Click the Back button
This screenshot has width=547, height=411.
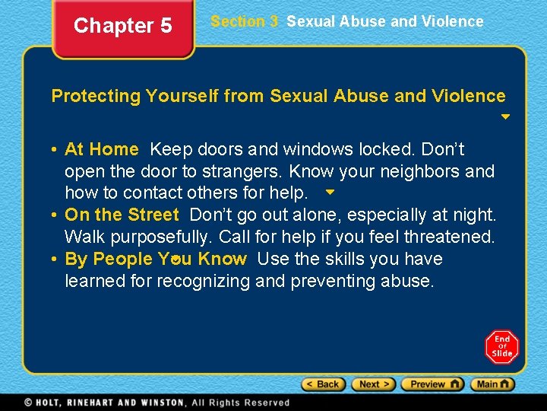pos(323,384)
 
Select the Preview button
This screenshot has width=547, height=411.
pos(432,384)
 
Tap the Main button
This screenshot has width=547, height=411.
pos(492,384)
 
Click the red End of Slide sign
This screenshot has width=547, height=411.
pos(501,347)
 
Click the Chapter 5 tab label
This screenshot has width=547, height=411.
pos(122,26)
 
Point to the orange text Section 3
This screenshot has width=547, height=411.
pos(244,21)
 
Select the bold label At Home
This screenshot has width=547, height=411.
pos(101,149)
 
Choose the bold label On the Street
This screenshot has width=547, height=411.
pos(122,215)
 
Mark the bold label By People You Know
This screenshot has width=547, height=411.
pos(156,259)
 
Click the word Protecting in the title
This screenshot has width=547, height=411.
pos(96,96)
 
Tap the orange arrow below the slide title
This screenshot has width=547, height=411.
pos(505,118)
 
